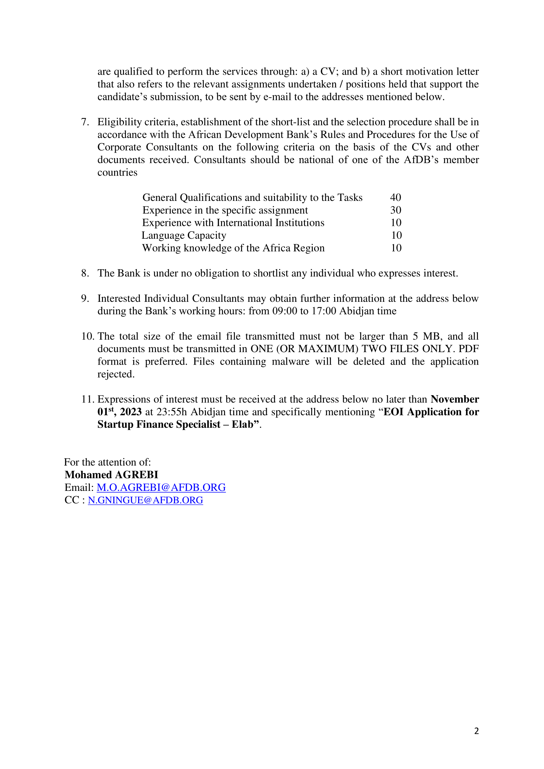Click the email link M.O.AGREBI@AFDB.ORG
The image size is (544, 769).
(x=161, y=487)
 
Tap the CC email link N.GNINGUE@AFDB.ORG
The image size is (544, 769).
(x=145, y=500)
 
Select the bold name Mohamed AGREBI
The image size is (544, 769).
(x=111, y=475)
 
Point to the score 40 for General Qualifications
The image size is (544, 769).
(x=396, y=197)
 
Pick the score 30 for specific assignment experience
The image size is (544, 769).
(x=396, y=210)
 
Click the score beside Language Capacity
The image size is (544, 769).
(x=396, y=235)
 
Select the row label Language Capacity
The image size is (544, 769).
(x=184, y=235)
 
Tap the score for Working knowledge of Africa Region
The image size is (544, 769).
(x=396, y=248)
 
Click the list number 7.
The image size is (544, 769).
(x=85, y=122)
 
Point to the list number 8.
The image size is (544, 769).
(x=85, y=273)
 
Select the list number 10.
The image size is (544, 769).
(x=87, y=336)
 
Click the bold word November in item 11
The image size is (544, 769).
(x=455, y=399)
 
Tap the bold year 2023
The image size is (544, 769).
(x=131, y=412)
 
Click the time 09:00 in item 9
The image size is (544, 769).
(x=284, y=311)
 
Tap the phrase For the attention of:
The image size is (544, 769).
(x=108, y=462)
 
